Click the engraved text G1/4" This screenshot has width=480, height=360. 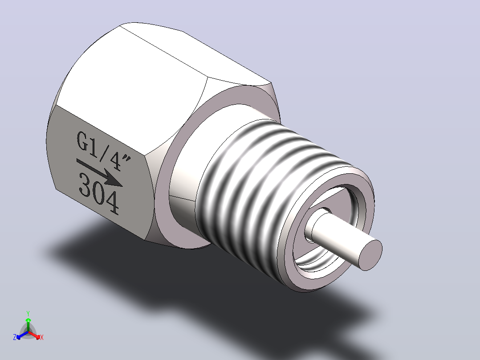point(103,150)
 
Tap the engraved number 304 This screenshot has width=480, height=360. point(98,194)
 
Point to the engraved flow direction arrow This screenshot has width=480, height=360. point(100,173)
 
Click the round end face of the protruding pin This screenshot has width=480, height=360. point(370,255)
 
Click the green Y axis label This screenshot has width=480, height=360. point(28,313)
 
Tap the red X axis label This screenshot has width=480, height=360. point(42,337)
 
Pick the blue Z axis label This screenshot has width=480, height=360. point(15,337)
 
